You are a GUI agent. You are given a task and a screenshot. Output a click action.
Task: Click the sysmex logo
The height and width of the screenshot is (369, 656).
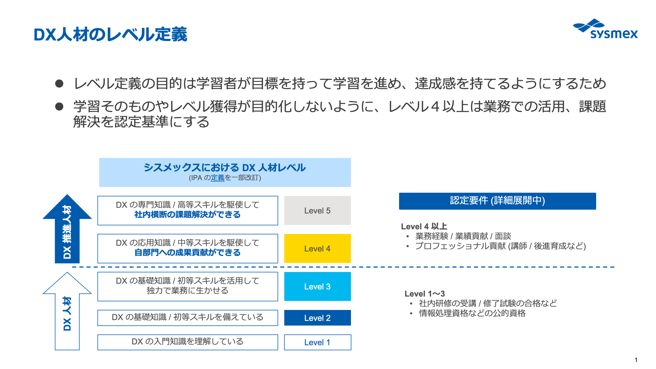coord(605,29)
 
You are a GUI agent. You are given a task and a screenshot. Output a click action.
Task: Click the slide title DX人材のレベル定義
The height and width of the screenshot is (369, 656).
coord(110,34)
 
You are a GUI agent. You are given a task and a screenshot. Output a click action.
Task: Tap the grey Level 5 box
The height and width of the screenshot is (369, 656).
coord(317,210)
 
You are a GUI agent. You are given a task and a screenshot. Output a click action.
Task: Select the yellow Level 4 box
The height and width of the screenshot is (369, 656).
coord(317,248)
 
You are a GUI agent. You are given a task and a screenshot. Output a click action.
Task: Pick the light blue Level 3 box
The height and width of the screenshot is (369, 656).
coord(317,286)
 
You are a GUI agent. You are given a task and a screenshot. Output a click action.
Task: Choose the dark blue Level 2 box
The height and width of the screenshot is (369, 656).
coord(317,318)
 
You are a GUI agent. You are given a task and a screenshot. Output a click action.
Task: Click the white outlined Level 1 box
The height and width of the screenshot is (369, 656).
coord(317,342)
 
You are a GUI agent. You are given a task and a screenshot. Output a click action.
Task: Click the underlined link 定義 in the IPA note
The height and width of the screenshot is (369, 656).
coord(218,178)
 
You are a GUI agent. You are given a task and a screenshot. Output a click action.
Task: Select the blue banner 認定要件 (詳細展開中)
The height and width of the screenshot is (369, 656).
coord(497,201)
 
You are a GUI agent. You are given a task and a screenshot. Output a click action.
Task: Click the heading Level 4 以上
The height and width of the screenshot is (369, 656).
coord(424,226)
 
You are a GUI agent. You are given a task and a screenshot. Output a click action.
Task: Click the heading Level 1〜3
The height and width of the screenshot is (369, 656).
coord(425,294)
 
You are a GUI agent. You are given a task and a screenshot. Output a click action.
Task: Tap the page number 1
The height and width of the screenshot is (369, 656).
coord(636,360)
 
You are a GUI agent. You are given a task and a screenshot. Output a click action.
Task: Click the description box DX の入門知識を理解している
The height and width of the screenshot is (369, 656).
coord(188,342)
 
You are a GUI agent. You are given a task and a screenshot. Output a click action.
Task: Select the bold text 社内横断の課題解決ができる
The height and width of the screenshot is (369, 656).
coord(188,215)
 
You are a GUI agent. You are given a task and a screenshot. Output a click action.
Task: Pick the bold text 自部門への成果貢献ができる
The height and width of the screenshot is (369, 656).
coord(188,253)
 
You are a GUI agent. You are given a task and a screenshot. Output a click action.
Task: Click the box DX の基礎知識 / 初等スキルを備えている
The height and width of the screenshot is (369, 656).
coord(188,318)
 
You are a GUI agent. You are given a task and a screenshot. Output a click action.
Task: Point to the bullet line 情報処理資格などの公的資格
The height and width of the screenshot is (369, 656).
coord(472,313)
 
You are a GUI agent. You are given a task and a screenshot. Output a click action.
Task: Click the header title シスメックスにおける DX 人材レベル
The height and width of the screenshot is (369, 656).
coord(225,168)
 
